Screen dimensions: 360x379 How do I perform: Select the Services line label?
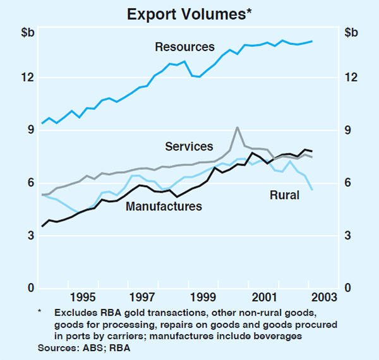189,147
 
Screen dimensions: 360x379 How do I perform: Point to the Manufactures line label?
164,206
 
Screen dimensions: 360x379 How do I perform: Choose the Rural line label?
284,196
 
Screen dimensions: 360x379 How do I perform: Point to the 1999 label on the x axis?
203,297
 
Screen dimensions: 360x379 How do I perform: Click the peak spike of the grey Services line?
237,128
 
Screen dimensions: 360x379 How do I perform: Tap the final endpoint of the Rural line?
312,189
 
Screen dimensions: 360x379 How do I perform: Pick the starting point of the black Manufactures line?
42,226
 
